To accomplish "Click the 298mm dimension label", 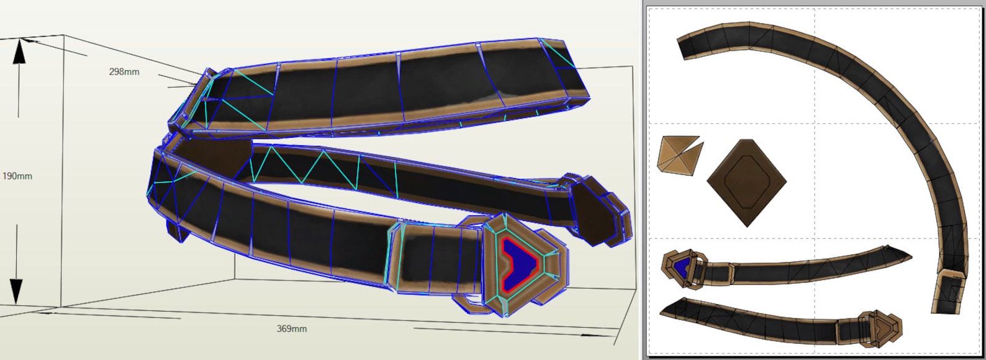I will click(x=124, y=72).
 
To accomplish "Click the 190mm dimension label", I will click(x=17, y=176).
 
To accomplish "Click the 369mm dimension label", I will click(x=291, y=328).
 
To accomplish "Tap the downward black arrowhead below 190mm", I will click(x=16, y=291).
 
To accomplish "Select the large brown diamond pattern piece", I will click(x=746, y=182).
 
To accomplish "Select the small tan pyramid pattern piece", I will click(x=679, y=155).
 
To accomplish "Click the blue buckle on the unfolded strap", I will click(x=682, y=268).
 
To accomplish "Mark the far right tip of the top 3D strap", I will click(x=586, y=90).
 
